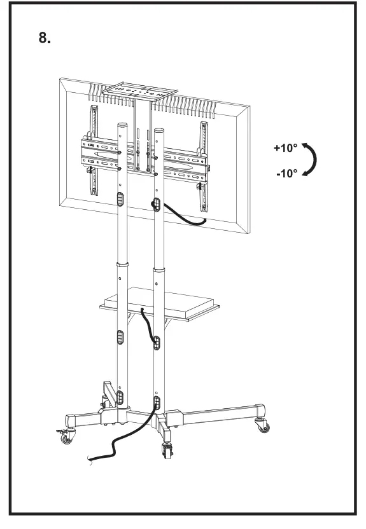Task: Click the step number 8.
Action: click(x=44, y=38)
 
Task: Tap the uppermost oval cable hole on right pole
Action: click(x=155, y=204)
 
